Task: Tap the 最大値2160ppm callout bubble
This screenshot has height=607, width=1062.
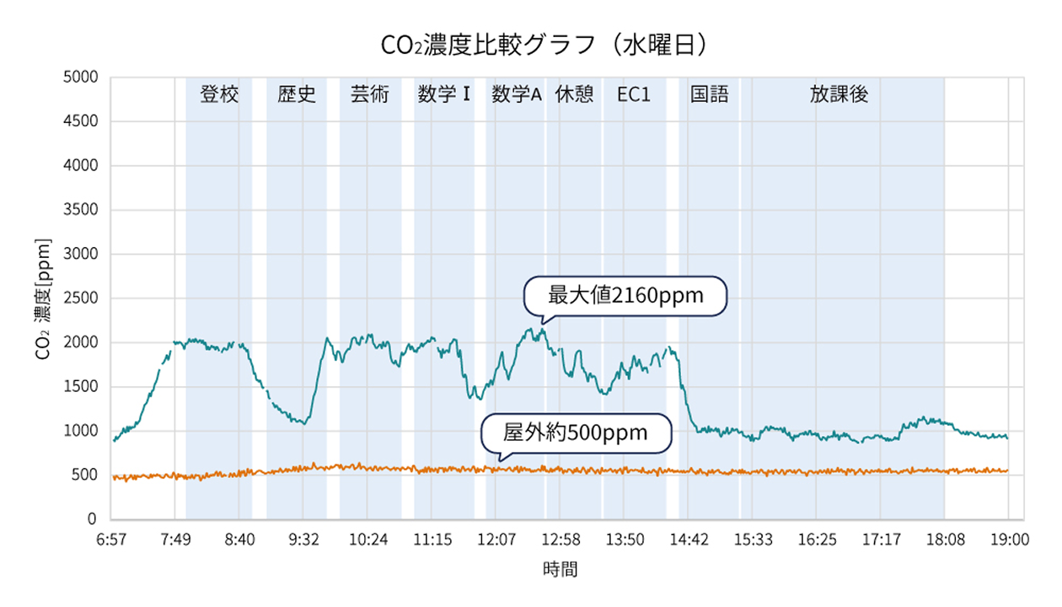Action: tap(625, 296)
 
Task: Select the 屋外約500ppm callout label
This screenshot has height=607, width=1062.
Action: tap(576, 433)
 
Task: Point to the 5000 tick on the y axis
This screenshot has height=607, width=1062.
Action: tap(82, 78)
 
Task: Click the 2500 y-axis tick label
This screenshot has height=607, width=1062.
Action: tap(82, 298)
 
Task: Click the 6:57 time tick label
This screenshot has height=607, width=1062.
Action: tap(111, 540)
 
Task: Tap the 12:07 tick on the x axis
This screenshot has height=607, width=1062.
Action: tap(496, 540)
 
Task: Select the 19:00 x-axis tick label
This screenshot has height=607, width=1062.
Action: tap(1008, 540)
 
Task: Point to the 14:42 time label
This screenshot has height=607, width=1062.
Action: tap(689, 540)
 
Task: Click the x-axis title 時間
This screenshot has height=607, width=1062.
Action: tap(560, 569)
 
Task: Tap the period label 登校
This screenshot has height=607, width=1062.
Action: tap(219, 94)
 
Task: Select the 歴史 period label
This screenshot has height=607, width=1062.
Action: tap(297, 94)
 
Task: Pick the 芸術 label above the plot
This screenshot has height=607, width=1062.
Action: tap(370, 94)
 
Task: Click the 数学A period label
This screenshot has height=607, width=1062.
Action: tap(516, 94)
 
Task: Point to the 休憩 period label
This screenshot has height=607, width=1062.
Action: tap(574, 94)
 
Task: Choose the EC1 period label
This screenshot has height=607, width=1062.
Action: tap(634, 94)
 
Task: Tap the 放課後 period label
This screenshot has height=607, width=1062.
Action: tap(839, 94)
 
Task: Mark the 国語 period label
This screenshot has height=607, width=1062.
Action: tap(709, 94)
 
